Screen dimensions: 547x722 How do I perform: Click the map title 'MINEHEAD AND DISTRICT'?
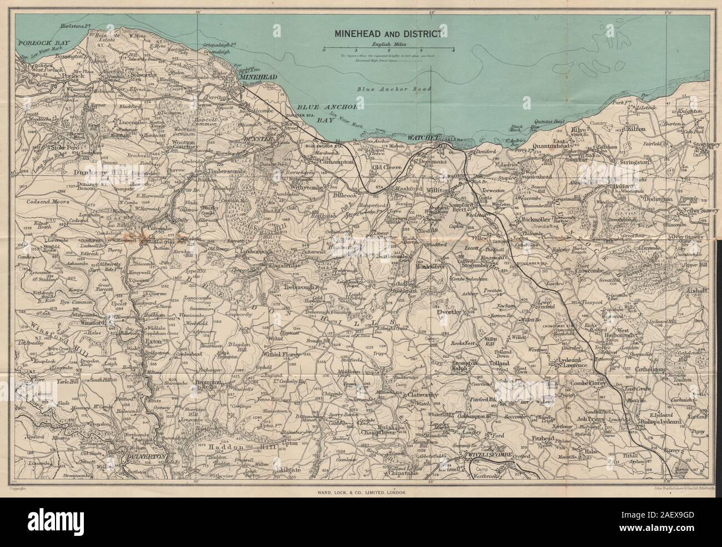tap(387, 33)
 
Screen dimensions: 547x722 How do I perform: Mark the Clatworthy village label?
tap(428, 395)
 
